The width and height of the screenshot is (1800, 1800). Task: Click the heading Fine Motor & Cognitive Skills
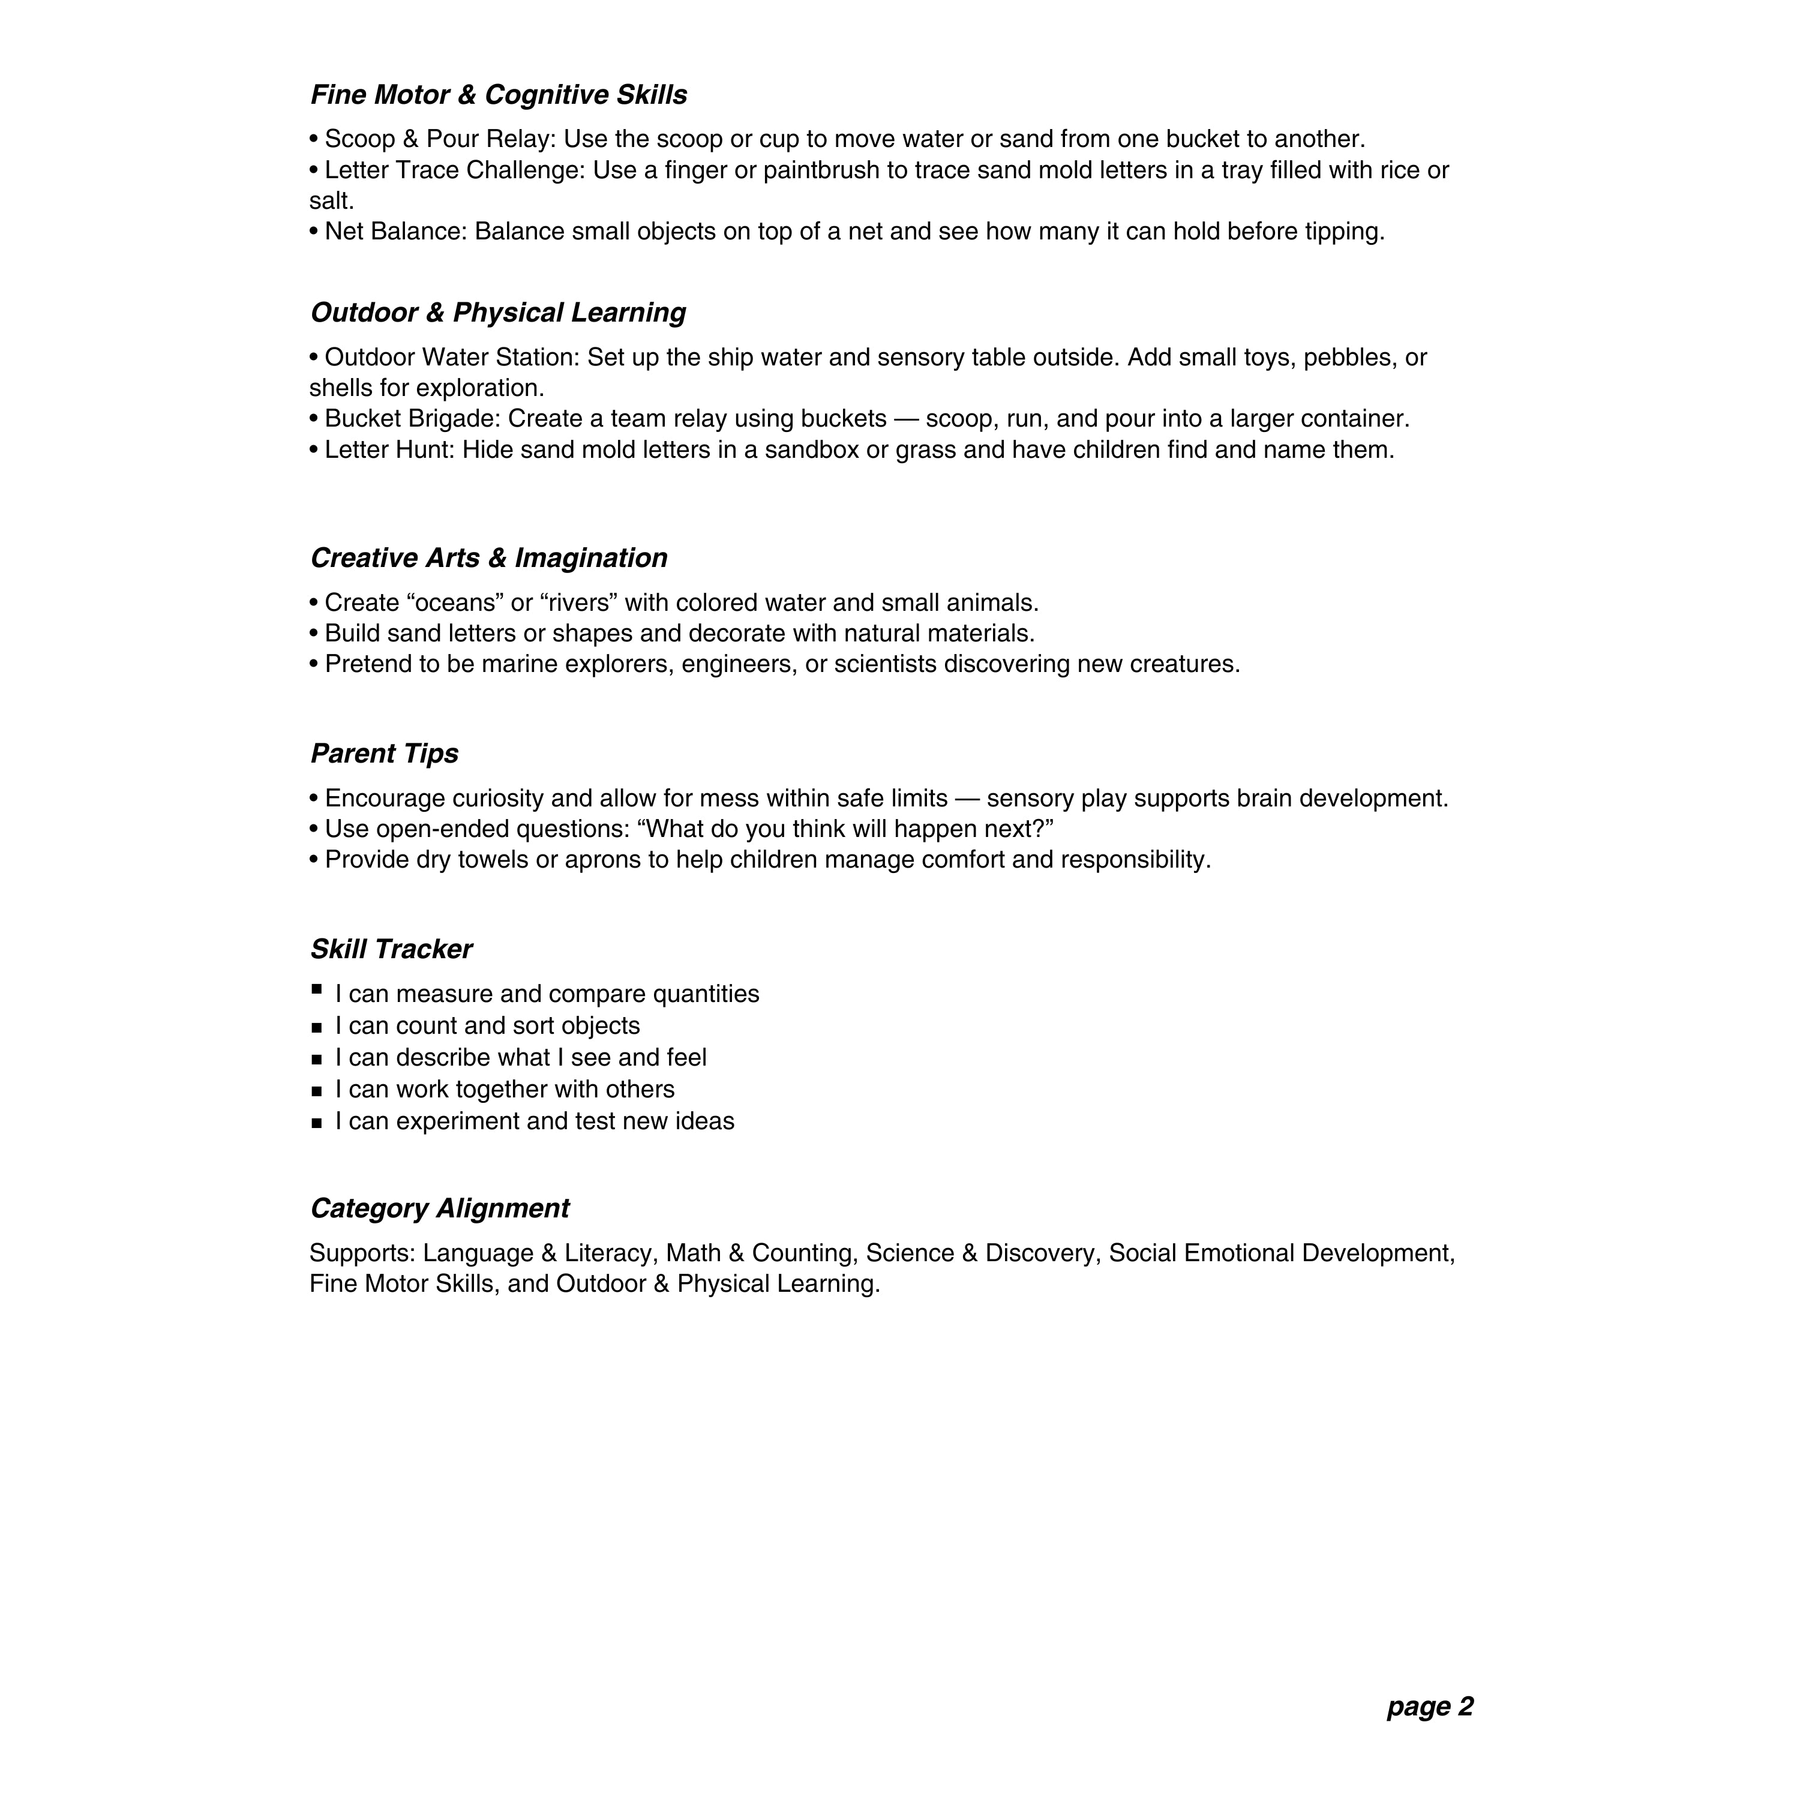tap(499, 95)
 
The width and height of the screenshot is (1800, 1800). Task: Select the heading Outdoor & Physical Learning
tap(497, 313)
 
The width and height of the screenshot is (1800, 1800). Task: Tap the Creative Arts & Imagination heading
tap(488, 558)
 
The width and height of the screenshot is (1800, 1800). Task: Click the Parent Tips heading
tap(384, 754)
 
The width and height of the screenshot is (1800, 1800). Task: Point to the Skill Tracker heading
tap(391, 949)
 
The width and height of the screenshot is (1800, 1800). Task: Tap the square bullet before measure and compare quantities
tap(317, 989)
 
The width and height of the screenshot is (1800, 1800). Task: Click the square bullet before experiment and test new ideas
tap(317, 1124)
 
